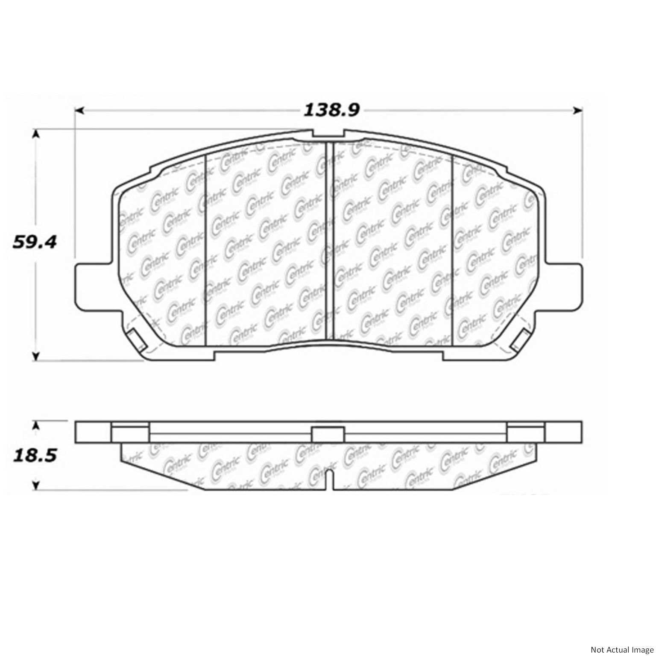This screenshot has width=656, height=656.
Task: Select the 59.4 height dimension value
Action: pyautogui.click(x=34, y=243)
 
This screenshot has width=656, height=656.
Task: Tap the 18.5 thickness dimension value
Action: pyautogui.click(x=34, y=455)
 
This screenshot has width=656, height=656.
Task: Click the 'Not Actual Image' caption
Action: pyautogui.click(x=621, y=650)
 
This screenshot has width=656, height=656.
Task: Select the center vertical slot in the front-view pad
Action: pyautogui.click(x=329, y=239)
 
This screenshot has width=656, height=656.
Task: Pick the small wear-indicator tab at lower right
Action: pyautogui.click(x=521, y=340)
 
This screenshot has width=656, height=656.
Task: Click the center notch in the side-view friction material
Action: pyautogui.click(x=330, y=478)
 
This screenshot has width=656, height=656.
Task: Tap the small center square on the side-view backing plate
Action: pyautogui.click(x=328, y=434)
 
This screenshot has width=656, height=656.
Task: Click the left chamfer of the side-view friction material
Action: pyautogui.click(x=158, y=470)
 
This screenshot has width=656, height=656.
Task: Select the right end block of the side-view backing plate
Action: pyautogui.click(x=563, y=432)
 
